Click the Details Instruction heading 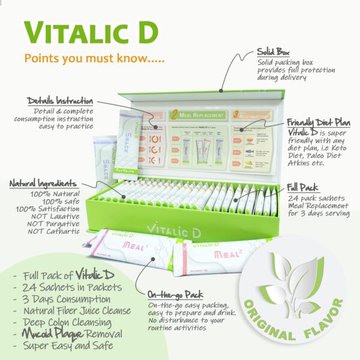click(x=61, y=101)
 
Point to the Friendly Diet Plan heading click(x=310, y=122)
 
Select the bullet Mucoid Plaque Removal click(x=71, y=334)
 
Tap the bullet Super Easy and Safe click(x=67, y=346)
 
